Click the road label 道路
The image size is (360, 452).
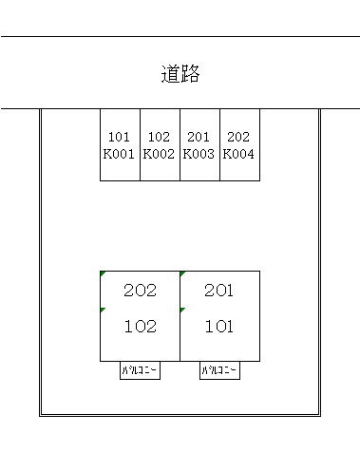coord(180,74)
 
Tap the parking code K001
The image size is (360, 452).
coord(120,152)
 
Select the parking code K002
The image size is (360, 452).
coord(160,152)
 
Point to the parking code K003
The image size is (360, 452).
coord(199,152)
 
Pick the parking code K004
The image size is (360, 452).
coord(239,152)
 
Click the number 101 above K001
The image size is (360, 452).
coord(120,137)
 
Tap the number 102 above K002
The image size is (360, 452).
coord(160,137)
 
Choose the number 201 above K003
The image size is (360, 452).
coord(199,137)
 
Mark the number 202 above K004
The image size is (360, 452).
coord(239,137)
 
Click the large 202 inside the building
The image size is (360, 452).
coord(140,291)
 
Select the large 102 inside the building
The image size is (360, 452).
coord(140,327)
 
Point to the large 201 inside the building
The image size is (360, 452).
coord(218,291)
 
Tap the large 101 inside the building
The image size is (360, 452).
coord(218,327)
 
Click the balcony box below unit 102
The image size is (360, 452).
coord(140,371)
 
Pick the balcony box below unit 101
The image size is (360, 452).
coord(219,371)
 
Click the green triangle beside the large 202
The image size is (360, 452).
coord(103,274)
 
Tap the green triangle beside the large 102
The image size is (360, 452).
coord(103,311)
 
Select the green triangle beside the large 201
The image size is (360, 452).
coord(182,274)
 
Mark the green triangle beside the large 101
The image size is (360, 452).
coord(182,311)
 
